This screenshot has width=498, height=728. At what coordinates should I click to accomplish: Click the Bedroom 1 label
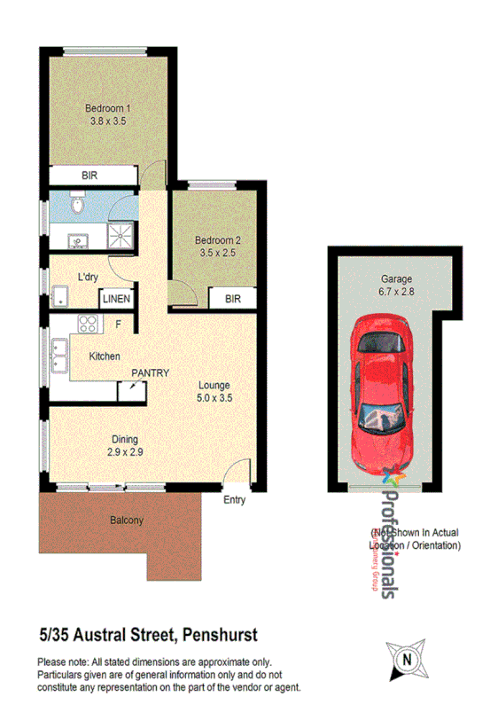103,109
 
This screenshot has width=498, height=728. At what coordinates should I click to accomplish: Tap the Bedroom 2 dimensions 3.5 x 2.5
217,253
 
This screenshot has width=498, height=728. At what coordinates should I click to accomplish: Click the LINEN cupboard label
116,299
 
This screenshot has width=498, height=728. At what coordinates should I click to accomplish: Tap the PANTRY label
150,373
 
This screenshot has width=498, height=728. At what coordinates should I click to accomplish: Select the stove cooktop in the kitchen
88,324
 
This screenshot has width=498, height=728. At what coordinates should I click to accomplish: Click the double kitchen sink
58,355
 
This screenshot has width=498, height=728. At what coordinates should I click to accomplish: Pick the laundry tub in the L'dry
60,296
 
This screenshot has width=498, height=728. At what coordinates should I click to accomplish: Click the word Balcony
127,521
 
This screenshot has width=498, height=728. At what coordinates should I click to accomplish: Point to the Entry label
234,500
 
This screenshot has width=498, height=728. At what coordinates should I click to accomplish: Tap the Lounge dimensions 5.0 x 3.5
214,398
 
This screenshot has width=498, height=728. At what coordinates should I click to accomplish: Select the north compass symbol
407,659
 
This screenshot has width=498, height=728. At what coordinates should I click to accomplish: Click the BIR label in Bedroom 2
232,300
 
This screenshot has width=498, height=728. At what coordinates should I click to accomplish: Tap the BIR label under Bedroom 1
89,176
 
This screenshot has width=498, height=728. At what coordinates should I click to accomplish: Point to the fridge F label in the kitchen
116,325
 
